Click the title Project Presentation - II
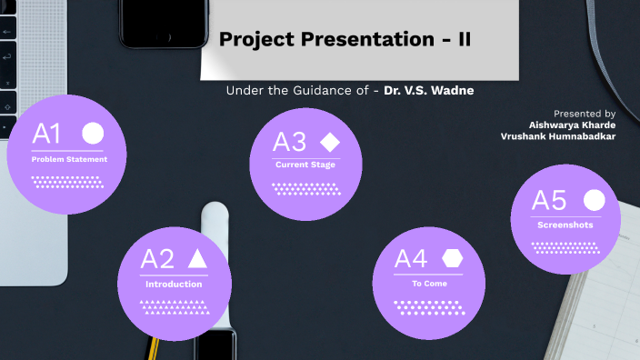coord(345,41)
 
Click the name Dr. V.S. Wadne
coord(430,90)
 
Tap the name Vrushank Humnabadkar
coord(557,135)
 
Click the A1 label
coord(46,135)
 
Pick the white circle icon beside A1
coord(93,134)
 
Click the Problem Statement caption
coord(69,159)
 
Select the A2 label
coord(156,259)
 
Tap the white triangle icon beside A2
coord(197,258)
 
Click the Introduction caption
coord(174,285)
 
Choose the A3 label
coord(290,142)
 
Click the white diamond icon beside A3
coord(329,141)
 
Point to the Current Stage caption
coord(305,165)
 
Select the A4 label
coord(411,259)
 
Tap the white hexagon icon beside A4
coord(452,258)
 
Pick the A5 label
coord(549,201)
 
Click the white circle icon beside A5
coord(593,200)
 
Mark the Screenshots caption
coord(565,225)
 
